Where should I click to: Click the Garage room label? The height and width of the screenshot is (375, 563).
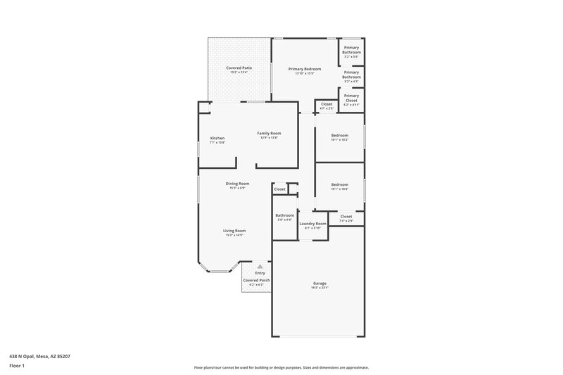click(320, 284)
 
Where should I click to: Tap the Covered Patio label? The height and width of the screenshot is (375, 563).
click(239, 68)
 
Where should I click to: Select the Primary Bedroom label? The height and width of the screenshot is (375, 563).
click(305, 68)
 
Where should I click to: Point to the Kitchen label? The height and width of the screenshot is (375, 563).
click(217, 138)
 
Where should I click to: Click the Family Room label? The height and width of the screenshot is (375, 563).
click(269, 133)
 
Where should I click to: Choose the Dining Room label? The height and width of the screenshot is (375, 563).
click(237, 184)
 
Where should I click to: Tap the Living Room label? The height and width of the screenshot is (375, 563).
click(234, 231)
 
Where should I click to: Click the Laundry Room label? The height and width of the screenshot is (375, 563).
click(312, 223)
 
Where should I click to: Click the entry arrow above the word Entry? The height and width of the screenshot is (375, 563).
click(260, 266)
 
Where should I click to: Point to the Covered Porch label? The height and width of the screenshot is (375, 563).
click(256, 280)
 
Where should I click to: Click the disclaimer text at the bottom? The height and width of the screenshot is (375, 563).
click(281, 367)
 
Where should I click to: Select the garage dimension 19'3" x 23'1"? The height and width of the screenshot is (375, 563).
click(320, 288)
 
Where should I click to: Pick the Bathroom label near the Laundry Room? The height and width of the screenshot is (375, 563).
click(284, 215)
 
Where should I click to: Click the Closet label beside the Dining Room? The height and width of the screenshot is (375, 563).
click(279, 189)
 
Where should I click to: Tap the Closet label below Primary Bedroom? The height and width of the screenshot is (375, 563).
click(327, 104)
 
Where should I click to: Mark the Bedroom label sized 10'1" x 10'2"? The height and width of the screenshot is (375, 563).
click(340, 135)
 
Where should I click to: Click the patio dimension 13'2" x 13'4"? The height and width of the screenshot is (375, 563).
click(239, 72)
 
